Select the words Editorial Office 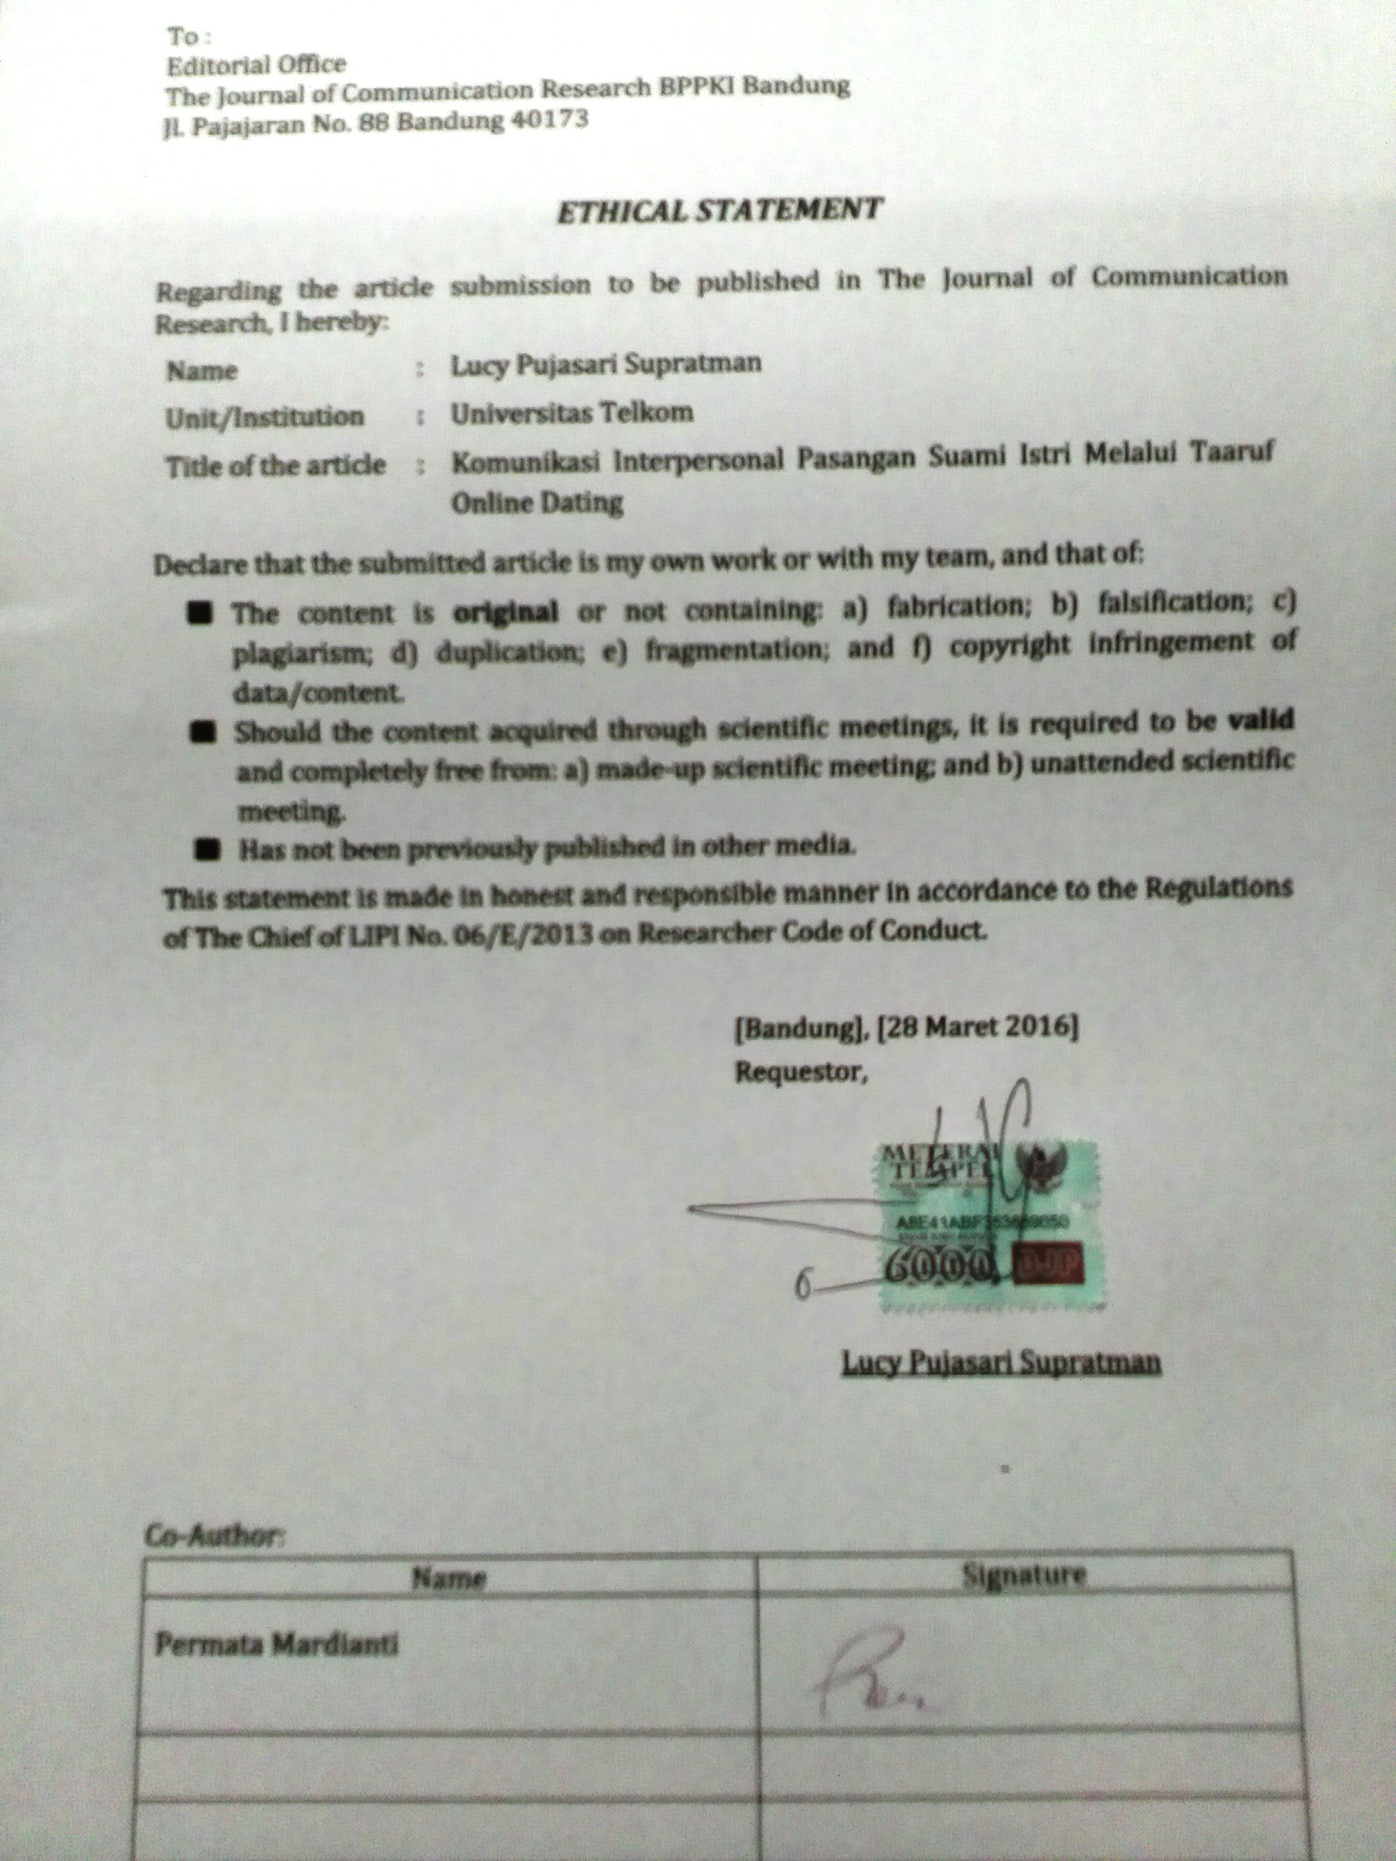[x=256, y=65]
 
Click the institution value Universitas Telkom [x=572, y=413]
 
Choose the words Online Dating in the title [x=537, y=503]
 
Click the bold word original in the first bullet [x=505, y=612]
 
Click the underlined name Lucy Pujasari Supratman [x=1002, y=1362]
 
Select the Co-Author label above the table [x=215, y=1536]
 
